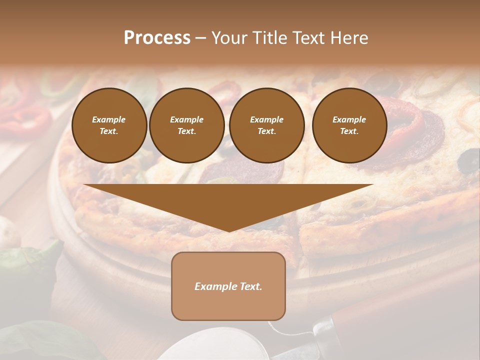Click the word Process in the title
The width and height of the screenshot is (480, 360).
pos(157,38)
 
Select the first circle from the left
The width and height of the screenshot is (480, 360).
pos(109,125)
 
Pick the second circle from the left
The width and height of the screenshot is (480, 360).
pos(186,125)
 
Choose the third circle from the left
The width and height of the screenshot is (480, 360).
pos(266,125)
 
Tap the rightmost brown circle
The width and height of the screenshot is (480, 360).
pos(349,125)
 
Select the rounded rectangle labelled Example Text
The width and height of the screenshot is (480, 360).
pos(228,286)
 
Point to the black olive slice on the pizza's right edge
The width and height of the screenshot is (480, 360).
pos(469,161)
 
